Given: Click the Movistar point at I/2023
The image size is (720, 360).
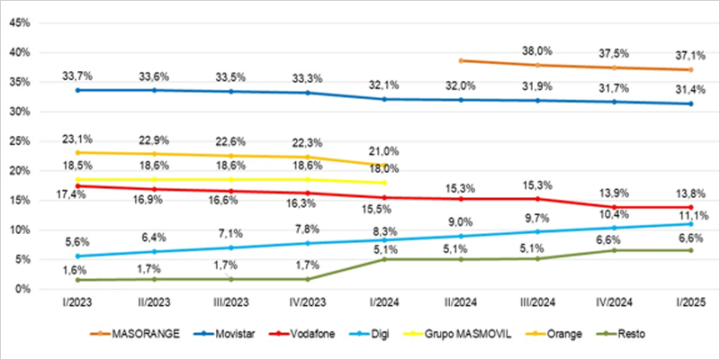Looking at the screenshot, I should point(77,90).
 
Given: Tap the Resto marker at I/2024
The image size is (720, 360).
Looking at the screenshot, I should point(384,259).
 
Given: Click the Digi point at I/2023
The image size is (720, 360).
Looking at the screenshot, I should point(77,256).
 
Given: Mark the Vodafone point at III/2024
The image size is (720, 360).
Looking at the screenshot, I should point(537,199).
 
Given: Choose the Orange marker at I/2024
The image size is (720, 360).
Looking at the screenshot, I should point(384,165).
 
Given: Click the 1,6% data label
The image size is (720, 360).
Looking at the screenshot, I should point(77,269).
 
